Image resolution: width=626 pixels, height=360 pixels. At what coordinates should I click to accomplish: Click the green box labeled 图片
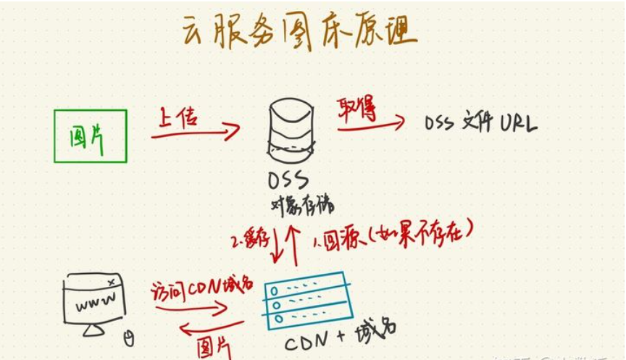(x=90, y=135)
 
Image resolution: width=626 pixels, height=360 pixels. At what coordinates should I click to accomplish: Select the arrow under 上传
(x=196, y=132)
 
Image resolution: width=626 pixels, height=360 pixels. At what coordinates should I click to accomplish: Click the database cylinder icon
(x=291, y=131)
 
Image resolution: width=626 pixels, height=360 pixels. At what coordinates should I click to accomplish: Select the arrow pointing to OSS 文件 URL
(x=370, y=125)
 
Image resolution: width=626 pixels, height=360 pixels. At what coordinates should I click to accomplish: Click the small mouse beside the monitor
(x=129, y=337)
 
